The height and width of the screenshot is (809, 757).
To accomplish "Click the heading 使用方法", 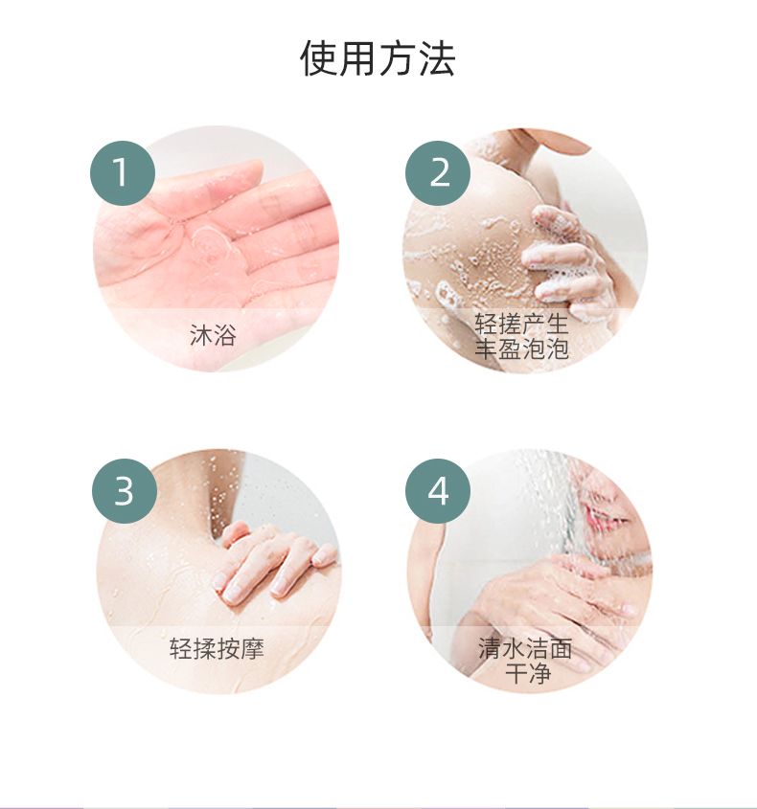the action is coord(378,57).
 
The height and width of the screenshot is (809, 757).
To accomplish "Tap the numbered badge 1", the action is coord(123,173).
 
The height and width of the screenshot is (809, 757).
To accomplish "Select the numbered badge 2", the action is coord(438,173).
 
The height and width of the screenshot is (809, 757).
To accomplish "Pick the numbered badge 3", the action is coord(124,490).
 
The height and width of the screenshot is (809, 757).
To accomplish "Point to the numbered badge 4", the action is coord(438,490).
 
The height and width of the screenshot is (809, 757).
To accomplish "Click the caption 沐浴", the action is coord(214,335).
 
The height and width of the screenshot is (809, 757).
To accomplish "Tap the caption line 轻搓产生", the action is coord(521,324).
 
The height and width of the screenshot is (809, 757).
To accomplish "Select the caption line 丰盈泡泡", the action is coord(521,348).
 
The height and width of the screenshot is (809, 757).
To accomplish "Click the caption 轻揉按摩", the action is coord(217,648).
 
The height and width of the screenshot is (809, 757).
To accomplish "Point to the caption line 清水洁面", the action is coord(525,648).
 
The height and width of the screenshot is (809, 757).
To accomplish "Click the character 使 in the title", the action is coord(319,57).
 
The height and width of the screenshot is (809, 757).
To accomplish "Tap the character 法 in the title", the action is coord(436,57).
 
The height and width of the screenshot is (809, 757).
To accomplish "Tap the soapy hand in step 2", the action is coord(567,257).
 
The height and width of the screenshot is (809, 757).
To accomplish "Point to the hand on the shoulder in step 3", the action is coord(274,561).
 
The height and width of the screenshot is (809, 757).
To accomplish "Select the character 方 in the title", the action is coord(397,57).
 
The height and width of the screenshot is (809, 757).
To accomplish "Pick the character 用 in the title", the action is coord(358,57).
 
